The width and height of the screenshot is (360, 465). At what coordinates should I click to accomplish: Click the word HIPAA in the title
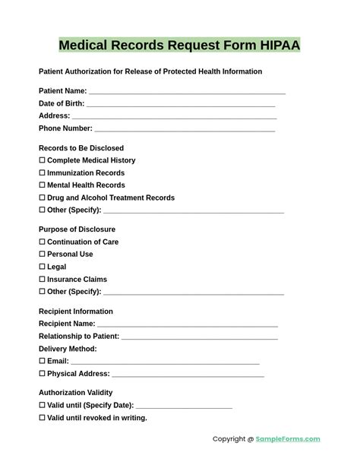275,46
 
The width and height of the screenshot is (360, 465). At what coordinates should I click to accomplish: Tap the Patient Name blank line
186,92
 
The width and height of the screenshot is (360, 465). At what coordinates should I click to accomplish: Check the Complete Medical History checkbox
42,160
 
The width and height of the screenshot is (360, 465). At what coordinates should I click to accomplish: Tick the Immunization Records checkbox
42,173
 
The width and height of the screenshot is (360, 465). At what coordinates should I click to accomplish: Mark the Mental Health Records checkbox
42,185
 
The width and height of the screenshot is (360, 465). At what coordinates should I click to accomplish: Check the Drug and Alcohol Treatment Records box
42,198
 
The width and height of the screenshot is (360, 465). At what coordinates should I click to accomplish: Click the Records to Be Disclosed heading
81,148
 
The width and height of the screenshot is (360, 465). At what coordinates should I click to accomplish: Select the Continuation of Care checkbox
42,242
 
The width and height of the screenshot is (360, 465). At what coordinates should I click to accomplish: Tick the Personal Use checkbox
42,255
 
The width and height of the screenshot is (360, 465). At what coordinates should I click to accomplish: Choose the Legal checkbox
42,267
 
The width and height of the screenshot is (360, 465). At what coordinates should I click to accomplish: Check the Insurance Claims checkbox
42,280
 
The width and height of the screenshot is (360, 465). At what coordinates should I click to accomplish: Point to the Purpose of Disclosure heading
77,229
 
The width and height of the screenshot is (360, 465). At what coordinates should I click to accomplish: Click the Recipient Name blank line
187,324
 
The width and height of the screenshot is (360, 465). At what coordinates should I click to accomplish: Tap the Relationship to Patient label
79,337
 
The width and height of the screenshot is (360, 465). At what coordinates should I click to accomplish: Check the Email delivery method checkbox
42,362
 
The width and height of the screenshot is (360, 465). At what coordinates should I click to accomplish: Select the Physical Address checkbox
42,374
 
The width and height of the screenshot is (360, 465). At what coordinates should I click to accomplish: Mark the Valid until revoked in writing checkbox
42,418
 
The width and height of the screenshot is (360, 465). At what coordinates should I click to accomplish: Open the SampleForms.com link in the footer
288,439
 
